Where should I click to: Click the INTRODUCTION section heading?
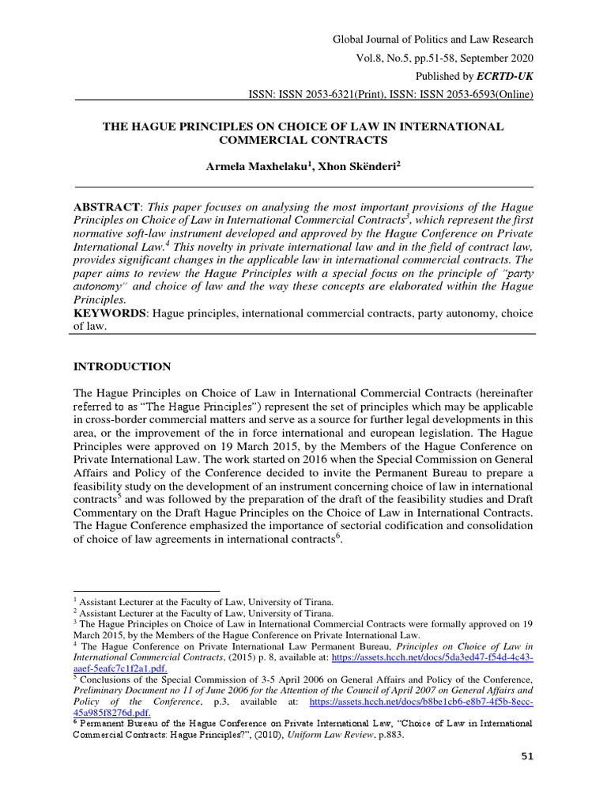122,367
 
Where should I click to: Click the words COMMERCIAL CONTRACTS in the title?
303,140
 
